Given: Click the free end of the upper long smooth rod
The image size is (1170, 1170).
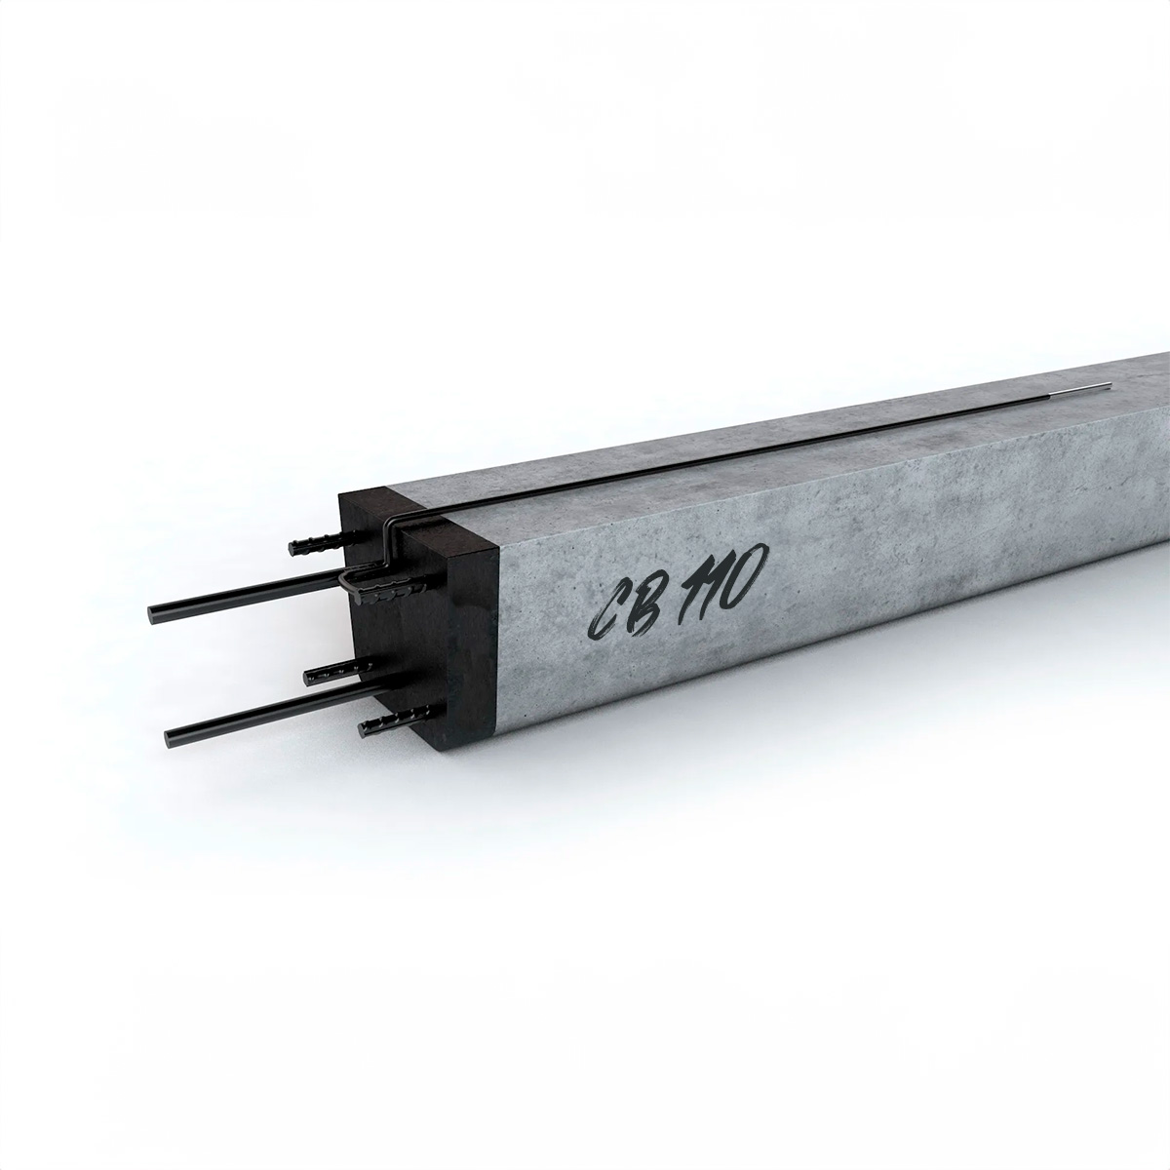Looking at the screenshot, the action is pyautogui.click(x=153, y=614).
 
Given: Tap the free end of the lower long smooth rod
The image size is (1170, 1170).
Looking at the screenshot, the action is pyautogui.click(x=171, y=738).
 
